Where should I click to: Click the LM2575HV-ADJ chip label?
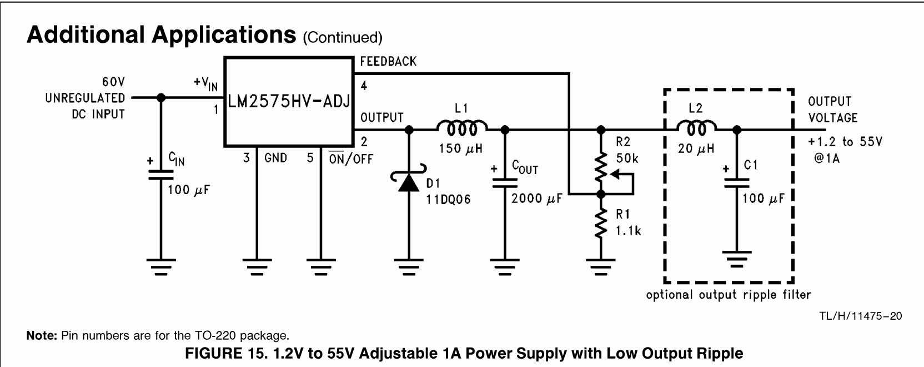point(289,101)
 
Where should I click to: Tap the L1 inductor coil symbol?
point(462,128)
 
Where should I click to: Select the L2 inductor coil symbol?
point(696,128)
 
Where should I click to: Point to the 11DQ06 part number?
point(448,200)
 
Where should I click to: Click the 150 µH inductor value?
point(461,148)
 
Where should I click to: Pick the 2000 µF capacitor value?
point(536,199)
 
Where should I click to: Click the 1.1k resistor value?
point(628,231)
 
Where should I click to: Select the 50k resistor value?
point(627,158)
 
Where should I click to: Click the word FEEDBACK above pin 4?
point(388,62)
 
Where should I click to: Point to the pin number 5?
point(310,157)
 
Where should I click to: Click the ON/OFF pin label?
point(350,158)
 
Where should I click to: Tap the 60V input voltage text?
point(113,82)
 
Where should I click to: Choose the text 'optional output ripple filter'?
point(729,295)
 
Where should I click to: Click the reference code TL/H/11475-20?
point(861,316)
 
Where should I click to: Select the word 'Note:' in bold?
point(42,335)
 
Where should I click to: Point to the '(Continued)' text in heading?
point(343,38)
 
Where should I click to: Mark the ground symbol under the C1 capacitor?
point(737,259)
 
